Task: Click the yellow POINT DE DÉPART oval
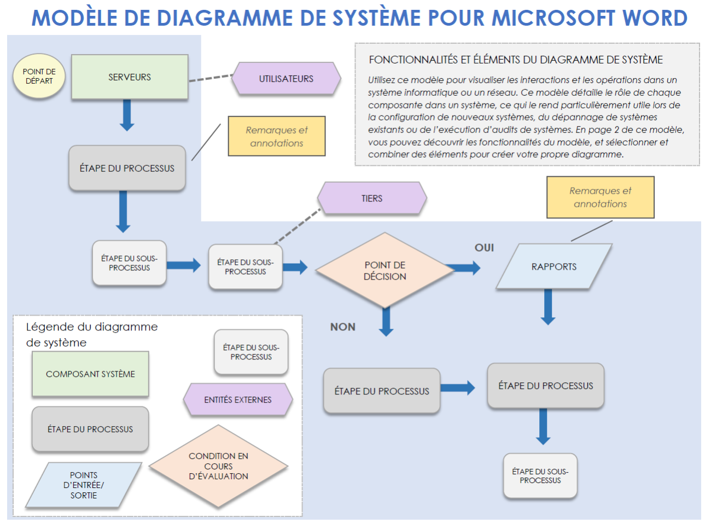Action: (39, 76)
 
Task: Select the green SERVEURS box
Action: (130, 77)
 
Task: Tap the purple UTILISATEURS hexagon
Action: (286, 79)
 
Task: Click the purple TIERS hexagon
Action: (372, 198)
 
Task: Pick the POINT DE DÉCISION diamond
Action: (385, 270)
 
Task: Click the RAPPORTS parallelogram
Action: (553, 266)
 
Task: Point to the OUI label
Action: (484, 248)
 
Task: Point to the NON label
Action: (343, 327)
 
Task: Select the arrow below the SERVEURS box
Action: (127, 115)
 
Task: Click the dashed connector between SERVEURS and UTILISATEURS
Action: (211, 78)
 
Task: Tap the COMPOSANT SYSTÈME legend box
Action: (90, 374)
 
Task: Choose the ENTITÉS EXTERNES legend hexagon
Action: (238, 400)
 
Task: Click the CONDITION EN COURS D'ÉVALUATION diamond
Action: (218, 466)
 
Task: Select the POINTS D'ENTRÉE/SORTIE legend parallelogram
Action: (83, 485)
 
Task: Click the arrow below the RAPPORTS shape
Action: (547, 307)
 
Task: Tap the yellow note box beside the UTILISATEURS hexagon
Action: (277, 136)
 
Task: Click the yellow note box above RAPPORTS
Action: (600, 197)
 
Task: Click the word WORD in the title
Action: (654, 18)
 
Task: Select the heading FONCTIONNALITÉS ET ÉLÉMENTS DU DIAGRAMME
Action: (515, 60)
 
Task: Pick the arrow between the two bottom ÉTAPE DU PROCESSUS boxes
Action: (458, 388)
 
